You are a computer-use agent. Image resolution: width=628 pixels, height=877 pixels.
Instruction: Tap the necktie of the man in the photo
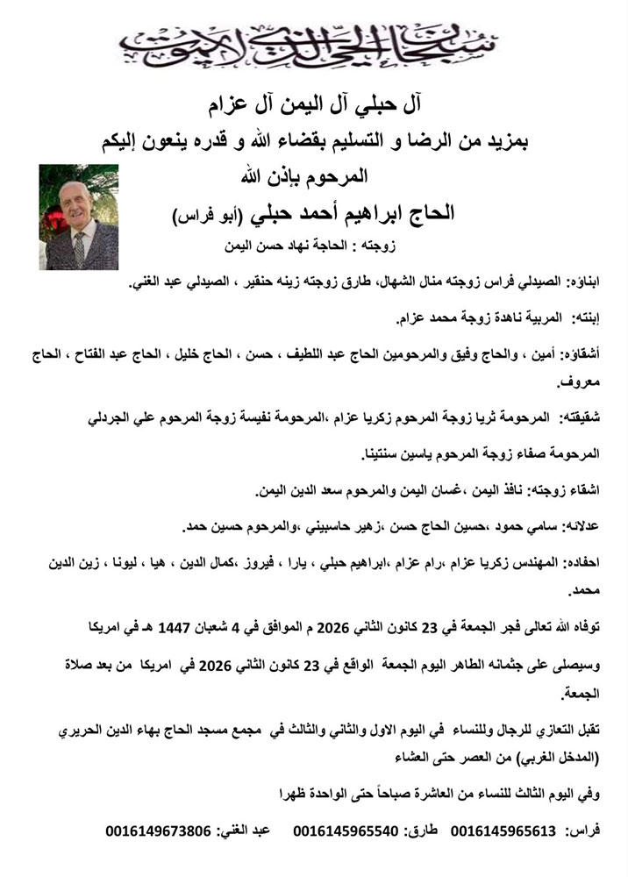coord(78,250)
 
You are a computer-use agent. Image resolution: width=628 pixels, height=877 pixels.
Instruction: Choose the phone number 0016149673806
coord(158,831)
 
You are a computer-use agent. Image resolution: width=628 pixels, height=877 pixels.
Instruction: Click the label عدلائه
coord(576,526)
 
